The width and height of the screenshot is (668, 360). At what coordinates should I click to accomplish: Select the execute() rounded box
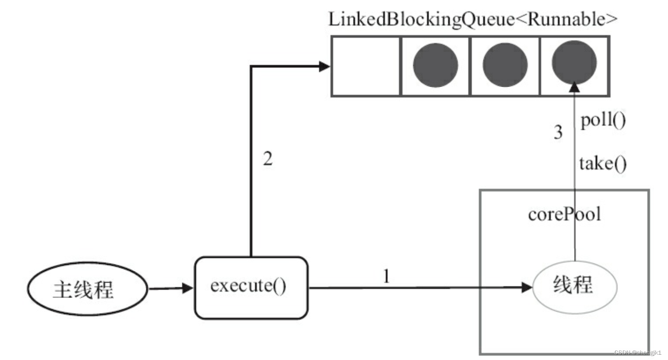[x=251, y=288]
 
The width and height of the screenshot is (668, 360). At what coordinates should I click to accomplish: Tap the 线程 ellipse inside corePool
[x=575, y=286]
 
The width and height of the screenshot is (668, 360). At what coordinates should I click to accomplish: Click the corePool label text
[x=564, y=214]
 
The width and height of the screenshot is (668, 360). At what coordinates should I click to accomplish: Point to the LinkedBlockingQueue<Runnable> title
[x=473, y=19]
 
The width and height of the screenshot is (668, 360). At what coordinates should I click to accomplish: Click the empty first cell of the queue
[x=366, y=66]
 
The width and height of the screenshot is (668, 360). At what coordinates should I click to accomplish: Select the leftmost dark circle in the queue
[x=435, y=65]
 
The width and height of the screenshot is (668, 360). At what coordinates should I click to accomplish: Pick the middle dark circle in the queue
[x=505, y=65]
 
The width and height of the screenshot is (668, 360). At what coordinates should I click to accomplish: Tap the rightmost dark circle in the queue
[x=574, y=63]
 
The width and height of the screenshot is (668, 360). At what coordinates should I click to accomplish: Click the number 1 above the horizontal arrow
[x=386, y=276]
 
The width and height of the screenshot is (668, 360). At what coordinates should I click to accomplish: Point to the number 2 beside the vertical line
[x=268, y=158]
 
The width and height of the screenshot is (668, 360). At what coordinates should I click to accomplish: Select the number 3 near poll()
[x=558, y=132]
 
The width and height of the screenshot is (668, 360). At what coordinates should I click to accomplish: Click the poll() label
[x=603, y=120]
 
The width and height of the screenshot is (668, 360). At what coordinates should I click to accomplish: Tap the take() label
[x=603, y=164]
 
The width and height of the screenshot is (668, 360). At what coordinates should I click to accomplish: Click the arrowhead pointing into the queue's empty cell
[x=324, y=67]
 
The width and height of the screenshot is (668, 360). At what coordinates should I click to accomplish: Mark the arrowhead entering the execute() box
[x=187, y=288]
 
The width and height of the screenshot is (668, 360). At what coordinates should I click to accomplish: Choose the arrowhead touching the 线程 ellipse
[x=527, y=288]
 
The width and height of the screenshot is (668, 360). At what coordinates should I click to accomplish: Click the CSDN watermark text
[x=637, y=353]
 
